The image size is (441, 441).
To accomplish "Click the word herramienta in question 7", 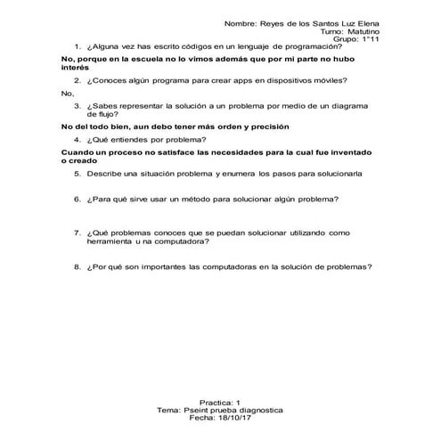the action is pyautogui.click(x=113, y=241).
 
